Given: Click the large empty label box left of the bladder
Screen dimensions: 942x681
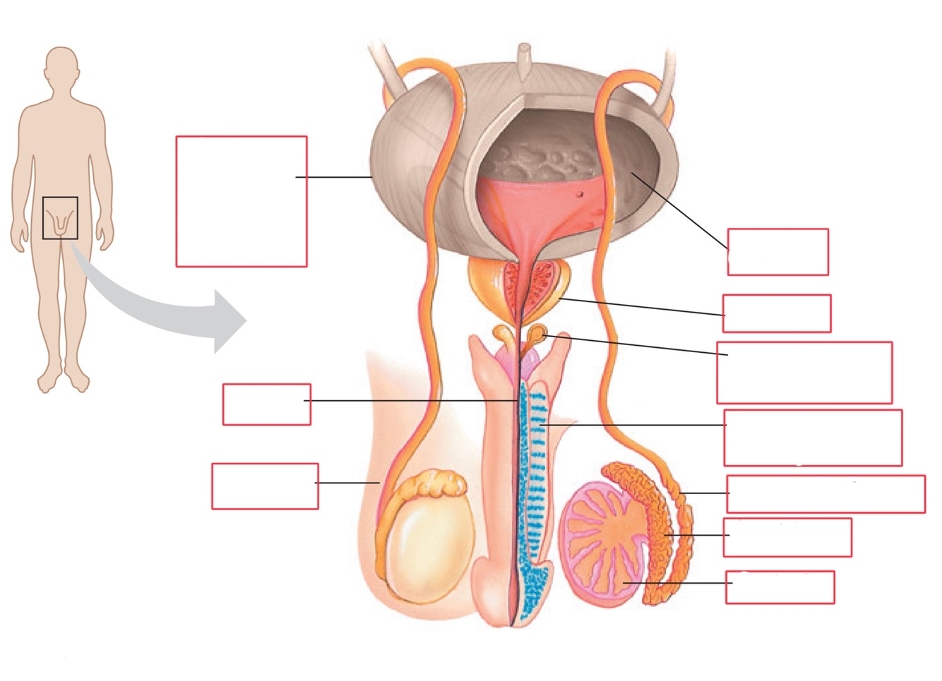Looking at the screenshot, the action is click(x=241, y=201).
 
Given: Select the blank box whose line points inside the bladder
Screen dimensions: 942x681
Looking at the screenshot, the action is click(x=777, y=252).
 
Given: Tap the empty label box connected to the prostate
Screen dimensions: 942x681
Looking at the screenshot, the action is click(x=777, y=313).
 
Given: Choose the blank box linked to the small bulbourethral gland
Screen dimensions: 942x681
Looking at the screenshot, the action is click(x=804, y=373).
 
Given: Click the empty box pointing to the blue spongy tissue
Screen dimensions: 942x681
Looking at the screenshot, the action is click(x=813, y=438).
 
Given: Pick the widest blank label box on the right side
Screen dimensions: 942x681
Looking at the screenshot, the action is click(x=825, y=494).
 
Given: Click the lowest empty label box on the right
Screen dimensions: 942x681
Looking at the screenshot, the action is click(x=780, y=587).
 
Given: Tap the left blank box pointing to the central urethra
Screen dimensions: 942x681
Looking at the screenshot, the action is click(x=266, y=404).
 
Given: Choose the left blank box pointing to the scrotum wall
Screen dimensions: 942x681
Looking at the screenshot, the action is click(x=265, y=486).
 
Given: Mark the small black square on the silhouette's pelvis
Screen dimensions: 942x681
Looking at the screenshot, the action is click(x=60, y=218).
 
